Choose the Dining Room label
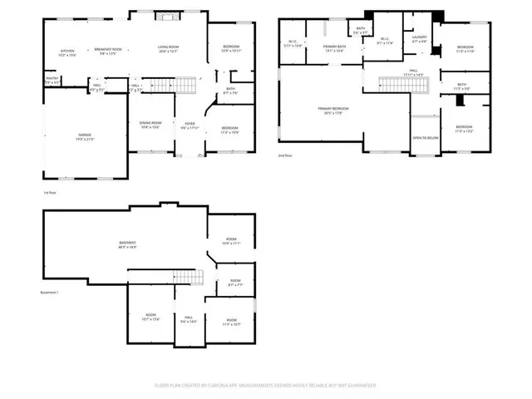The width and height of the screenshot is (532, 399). (x=150, y=126)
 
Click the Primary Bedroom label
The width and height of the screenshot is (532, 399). (x=333, y=111)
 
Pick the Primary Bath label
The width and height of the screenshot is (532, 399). (x=334, y=49)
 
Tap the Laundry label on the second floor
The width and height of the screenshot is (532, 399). (x=419, y=38)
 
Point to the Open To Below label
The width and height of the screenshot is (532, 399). (x=425, y=138)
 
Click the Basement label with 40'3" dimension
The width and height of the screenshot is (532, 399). (x=127, y=244)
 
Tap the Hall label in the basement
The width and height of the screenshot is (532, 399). (x=189, y=319)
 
